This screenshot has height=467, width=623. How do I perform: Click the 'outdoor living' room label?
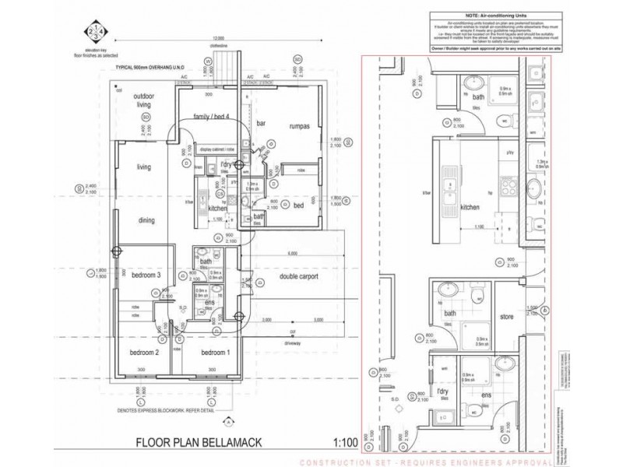(143, 100)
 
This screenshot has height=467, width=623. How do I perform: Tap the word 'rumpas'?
(300, 124)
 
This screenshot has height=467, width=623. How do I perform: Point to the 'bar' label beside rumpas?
(261, 124)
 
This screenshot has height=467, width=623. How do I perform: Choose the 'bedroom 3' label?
(146, 276)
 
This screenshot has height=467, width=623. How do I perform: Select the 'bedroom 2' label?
(146, 353)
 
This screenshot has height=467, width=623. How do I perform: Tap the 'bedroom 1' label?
(215, 353)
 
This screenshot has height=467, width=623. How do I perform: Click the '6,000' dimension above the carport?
(292, 254)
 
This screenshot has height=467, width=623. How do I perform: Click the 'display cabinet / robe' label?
(216, 149)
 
